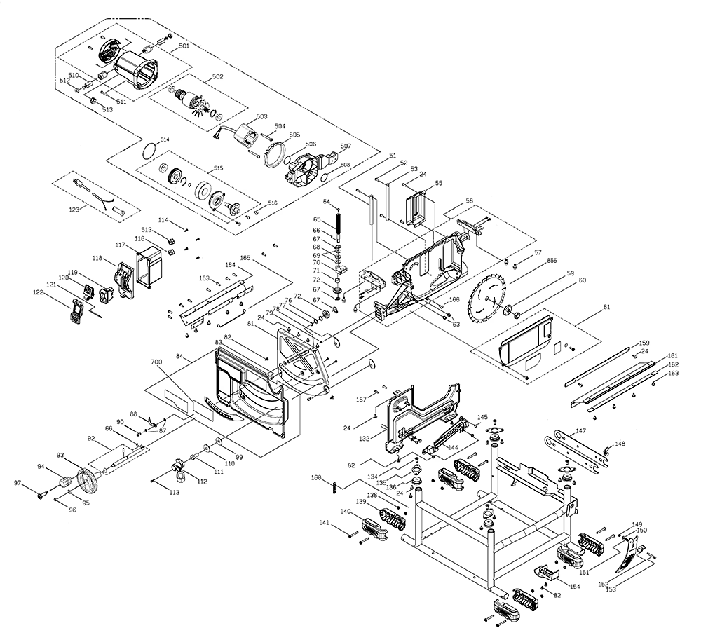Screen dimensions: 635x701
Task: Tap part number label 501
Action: coord(184,46)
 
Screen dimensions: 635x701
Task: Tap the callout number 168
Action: coord(316,478)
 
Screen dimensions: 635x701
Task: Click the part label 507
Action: coord(346,146)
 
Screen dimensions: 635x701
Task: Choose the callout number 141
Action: coord(325,523)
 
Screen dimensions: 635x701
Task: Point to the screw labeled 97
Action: coord(41,494)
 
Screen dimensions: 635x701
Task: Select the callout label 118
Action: coord(97,259)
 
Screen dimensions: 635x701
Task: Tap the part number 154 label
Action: coord(575,586)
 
